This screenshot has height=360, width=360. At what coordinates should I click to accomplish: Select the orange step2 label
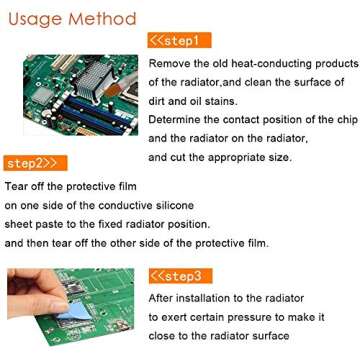(35, 162)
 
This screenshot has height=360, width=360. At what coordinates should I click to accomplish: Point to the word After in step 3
(164, 297)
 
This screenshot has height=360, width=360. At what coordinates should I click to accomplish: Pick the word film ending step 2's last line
(256, 243)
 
